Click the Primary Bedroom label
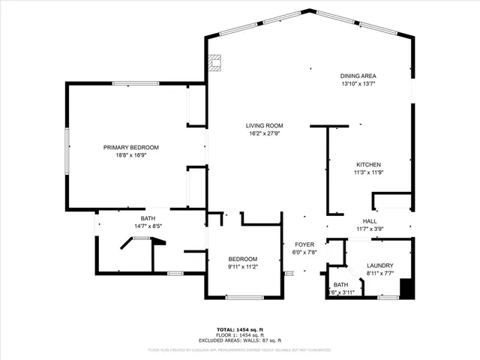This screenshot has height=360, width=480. (131, 148)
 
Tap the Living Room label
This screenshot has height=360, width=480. (264, 125)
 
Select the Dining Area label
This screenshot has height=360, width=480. (358, 76)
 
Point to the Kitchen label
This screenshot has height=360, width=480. (368, 164)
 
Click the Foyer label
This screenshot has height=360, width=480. (304, 245)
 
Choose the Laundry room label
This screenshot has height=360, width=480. (380, 265)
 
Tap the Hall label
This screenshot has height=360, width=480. (370, 221)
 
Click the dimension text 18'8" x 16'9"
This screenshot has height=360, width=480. (131, 156)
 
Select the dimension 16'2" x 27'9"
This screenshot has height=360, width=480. (264, 133)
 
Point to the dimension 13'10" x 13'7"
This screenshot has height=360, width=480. (358, 84)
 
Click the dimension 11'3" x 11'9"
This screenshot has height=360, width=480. (368, 172)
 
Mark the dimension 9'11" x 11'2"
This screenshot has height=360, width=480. (242, 266)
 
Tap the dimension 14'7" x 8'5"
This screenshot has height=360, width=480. (137, 226)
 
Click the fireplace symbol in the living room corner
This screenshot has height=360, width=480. (216, 62)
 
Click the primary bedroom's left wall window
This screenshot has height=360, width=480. (67, 148)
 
